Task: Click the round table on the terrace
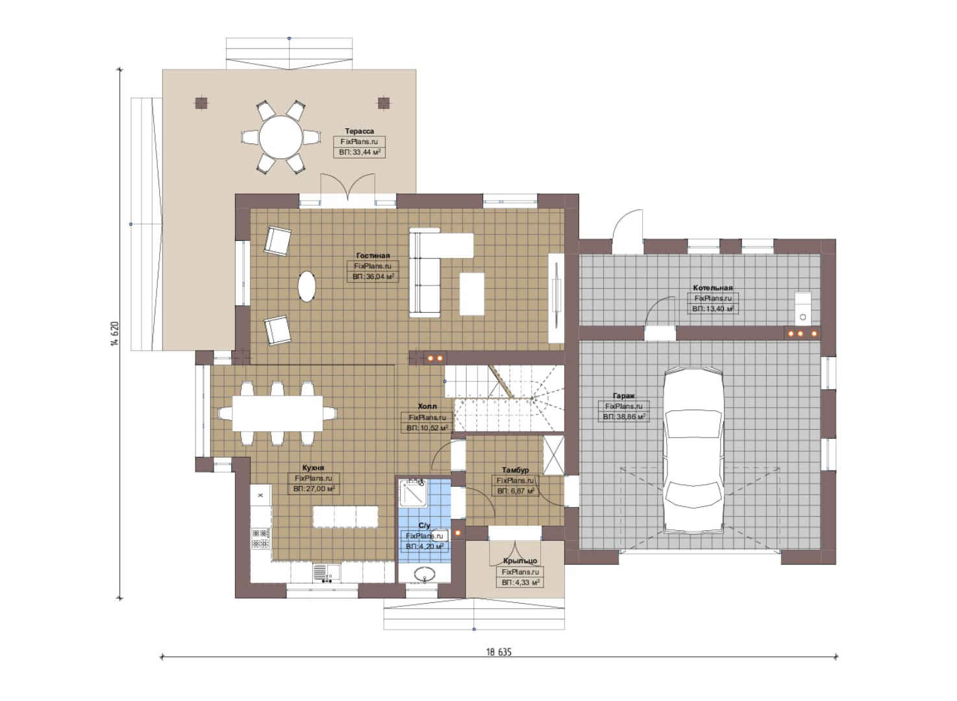coord(280,137)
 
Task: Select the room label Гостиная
coord(373,256)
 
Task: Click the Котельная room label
coord(713,288)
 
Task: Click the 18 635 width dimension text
coord(499,652)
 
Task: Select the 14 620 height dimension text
coord(114,334)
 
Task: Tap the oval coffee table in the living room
coord(306,287)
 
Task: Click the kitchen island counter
coord(345,517)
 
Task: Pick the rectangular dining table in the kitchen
coord(277,413)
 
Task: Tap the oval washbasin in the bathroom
coord(424,573)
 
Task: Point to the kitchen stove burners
coord(260,538)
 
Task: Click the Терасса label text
coord(359,131)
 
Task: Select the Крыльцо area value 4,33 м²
coord(520,582)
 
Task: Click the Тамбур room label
coord(516,470)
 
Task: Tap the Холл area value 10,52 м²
coord(427,428)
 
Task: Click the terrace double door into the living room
coord(348,187)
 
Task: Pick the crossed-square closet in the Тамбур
coord(553,455)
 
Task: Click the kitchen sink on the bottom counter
coord(327,572)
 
